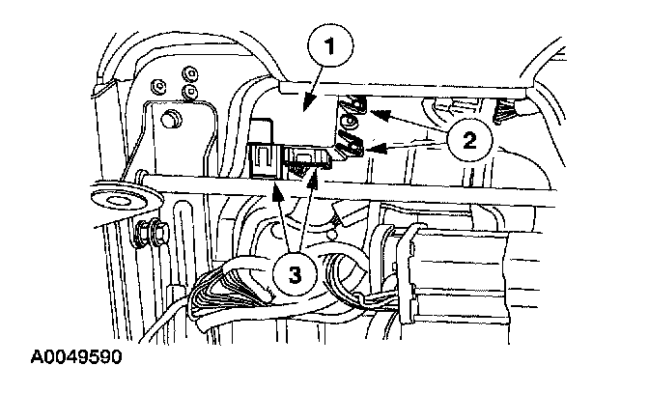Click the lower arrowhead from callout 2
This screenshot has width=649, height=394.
[x=369, y=149]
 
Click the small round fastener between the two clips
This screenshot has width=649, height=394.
[x=348, y=124]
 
